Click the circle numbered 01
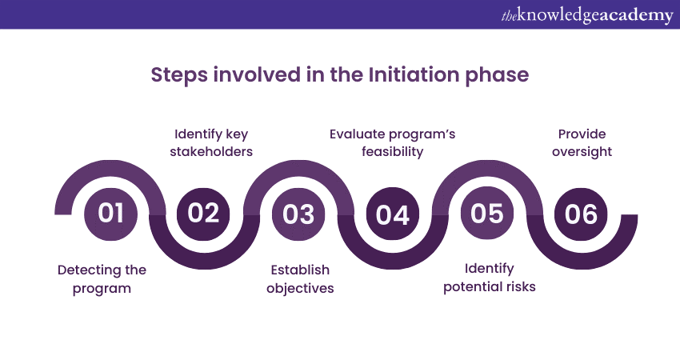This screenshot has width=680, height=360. [110, 214]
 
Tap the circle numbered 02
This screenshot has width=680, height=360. [204, 214]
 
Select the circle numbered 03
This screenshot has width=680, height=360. [298, 214]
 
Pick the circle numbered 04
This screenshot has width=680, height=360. [393, 214]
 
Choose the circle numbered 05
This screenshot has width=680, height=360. [487, 214]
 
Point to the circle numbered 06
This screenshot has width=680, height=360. [581, 214]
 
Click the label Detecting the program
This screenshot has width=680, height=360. [102, 279]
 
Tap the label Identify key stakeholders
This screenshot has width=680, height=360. [211, 142]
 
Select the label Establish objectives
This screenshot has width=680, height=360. [300, 279]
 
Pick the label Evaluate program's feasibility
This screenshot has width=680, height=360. [393, 142]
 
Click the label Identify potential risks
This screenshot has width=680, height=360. [489, 278]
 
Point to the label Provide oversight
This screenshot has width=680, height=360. [582, 142]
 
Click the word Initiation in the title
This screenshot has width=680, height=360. [414, 74]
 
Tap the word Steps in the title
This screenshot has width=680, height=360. [179, 75]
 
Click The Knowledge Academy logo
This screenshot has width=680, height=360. [587, 15]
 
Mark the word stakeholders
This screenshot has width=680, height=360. [211, 151]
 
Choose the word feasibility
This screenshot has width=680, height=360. [393, 152]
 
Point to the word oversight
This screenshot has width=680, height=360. [582, 152]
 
